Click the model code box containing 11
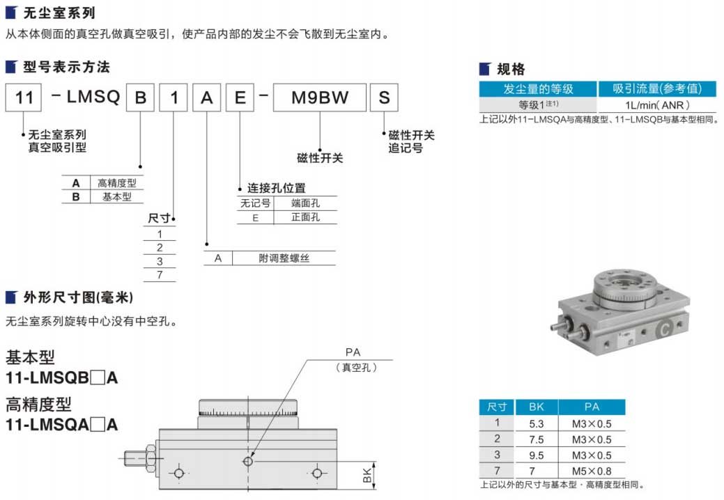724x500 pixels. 24,98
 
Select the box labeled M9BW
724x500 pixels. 319,98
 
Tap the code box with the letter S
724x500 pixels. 383,98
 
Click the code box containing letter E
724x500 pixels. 239,98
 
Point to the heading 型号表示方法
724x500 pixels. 66,68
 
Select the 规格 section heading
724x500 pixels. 511,69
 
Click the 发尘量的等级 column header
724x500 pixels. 538,88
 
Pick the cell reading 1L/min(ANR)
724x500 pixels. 657,105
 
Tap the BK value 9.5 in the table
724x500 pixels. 536,455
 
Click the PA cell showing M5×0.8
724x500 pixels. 591,471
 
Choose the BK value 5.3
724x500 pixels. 536,423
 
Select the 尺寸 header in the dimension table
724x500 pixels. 496,407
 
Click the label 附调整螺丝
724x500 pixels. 284,258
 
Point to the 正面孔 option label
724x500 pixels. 305,217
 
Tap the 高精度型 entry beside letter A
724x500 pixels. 116,183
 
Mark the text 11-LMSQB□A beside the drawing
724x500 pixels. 61,378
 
